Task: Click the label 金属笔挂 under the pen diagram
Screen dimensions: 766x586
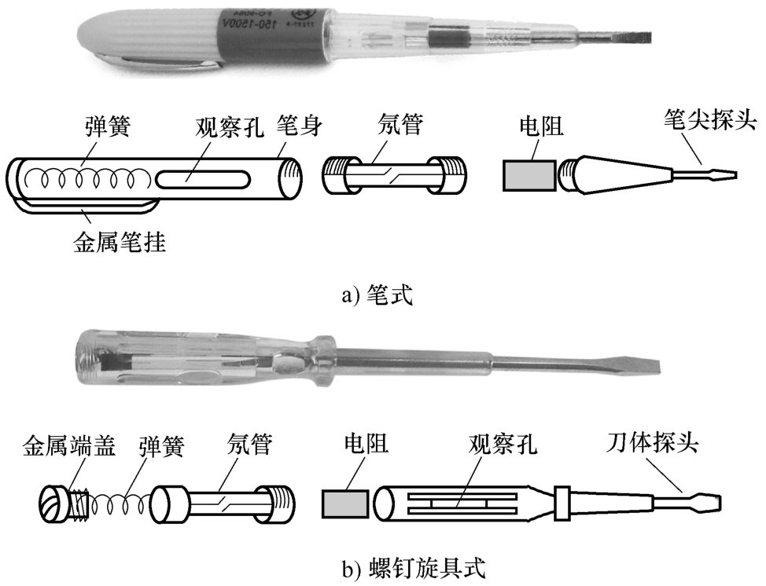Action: [x=120, y=241]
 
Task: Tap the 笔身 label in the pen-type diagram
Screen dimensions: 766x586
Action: [x=300, y=126]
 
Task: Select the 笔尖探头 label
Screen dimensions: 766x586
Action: [x=710, y=120]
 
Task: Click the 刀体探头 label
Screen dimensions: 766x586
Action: [x=652, y=442]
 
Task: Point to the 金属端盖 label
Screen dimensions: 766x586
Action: [x=69, y=445]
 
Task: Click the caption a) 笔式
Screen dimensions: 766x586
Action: [x=377, y=295]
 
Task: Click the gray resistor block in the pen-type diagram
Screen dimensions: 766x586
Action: [x=528, y=175]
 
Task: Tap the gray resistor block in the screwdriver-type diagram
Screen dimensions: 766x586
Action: [x=345, y=504]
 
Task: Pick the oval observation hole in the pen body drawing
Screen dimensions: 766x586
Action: [x=203, y=179]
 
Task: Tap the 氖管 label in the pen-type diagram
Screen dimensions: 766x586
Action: [x=400, y=124]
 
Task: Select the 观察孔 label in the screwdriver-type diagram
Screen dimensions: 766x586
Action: [x=503, y=444]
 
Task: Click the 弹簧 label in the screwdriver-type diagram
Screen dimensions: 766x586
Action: [x=162, y=445]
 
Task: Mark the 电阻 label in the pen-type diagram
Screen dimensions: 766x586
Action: [x=541, y=126]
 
